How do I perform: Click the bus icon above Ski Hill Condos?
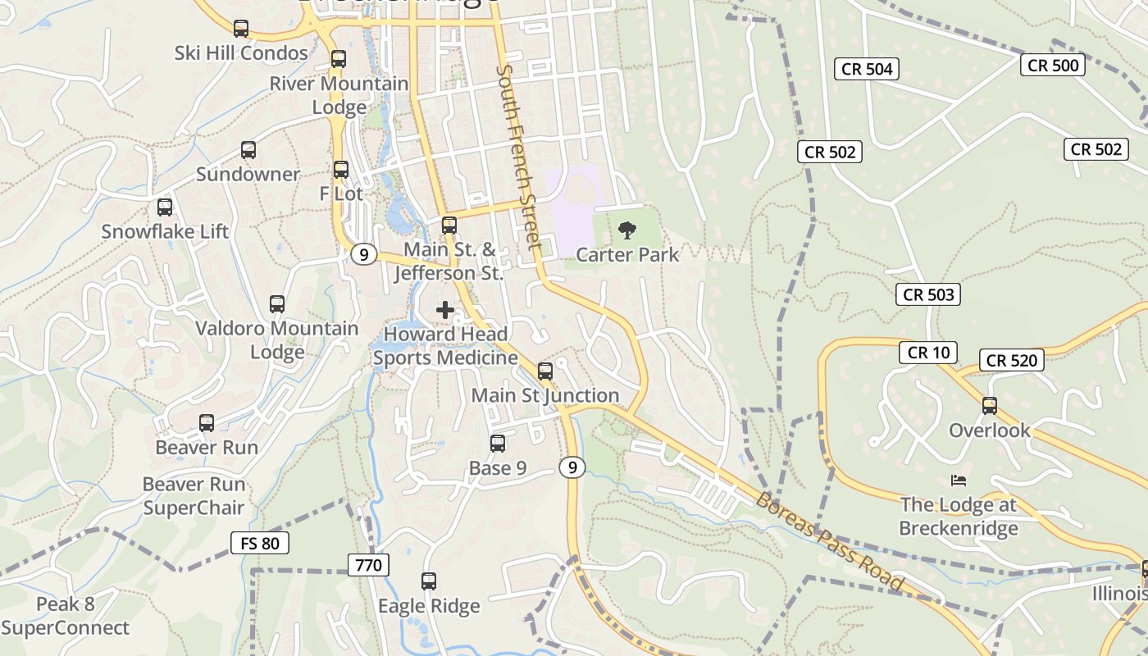tap(241, 29)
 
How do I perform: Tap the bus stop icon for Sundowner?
tap(248, 150)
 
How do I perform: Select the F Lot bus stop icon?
tap(341, 170)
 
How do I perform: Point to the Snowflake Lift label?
tap(165, 231)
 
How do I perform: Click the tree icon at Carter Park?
tap(627, 230)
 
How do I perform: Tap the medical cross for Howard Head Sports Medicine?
tap(445, 310)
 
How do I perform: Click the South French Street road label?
tap(519, 157)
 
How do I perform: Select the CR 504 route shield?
tap(867, 69)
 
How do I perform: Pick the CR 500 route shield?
tap(1053, 65)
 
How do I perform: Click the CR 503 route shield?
tap(930, 294)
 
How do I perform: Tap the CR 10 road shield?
tap(928, 353)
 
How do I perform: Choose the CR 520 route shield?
tap(1012, 360)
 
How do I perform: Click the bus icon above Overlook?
tap(990, 406)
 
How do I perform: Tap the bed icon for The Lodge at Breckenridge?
tap(958, 480)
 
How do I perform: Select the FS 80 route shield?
tap(260, 542)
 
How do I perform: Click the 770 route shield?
tap(368, 564)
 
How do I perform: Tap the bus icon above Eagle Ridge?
tap(429, 581)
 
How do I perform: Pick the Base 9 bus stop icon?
tap(498, 444)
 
